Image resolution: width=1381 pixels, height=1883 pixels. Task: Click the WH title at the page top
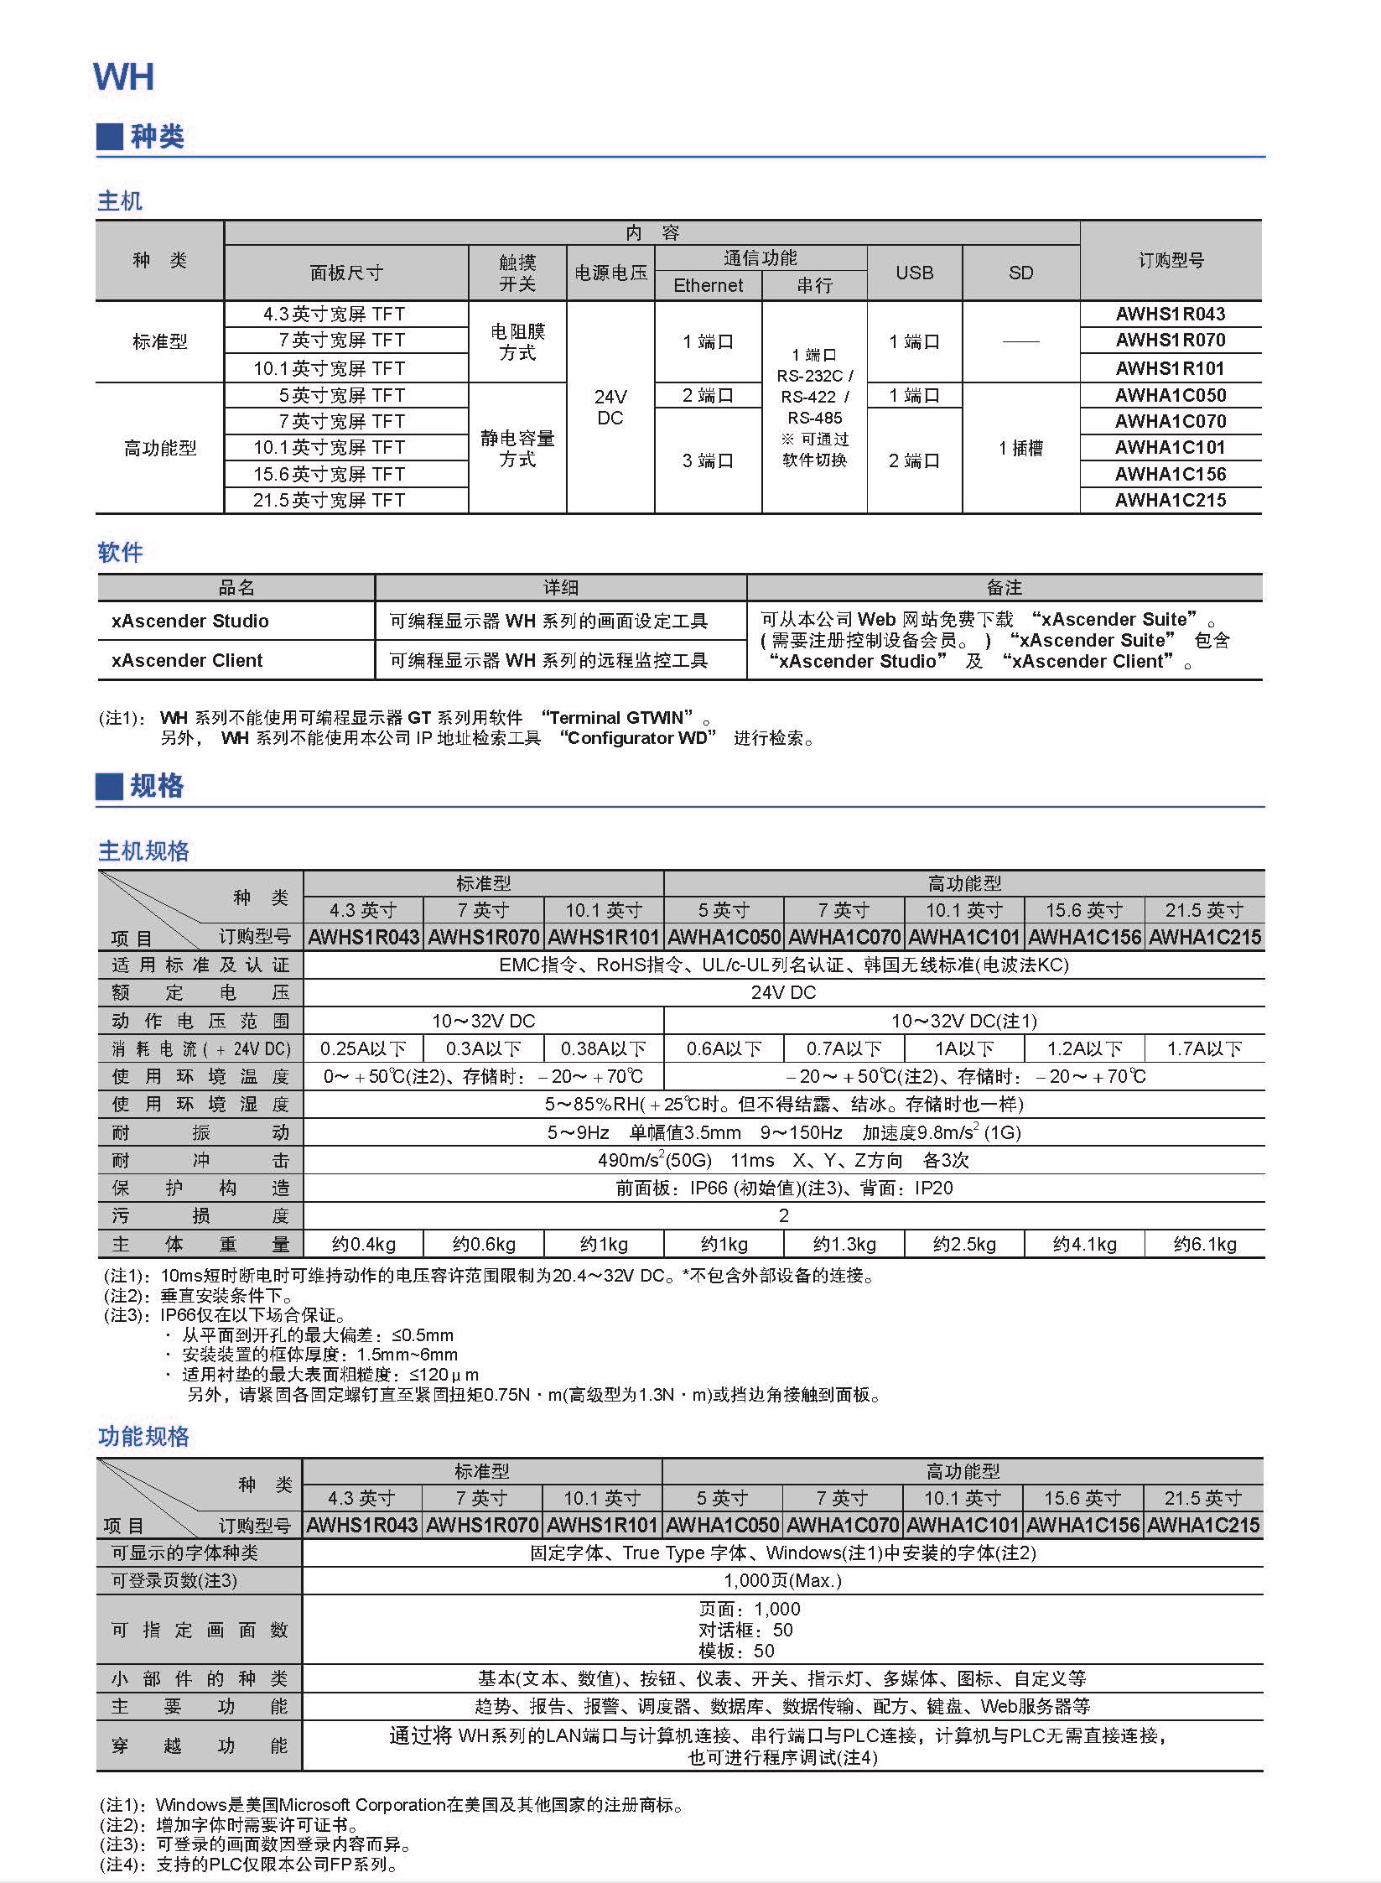tap(123, 77)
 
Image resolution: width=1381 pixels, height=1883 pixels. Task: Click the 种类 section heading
tap(156, 136)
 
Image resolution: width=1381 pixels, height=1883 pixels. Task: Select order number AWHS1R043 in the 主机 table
tap(1170, 314)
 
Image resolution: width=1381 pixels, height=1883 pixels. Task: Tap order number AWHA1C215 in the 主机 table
tap(1170, 500)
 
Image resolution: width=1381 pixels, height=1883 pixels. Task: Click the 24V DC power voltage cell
tap(610, 407)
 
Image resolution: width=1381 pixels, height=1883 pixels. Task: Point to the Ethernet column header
tap(708, 285)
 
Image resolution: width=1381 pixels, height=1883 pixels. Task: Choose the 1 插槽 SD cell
tap(1020, 448)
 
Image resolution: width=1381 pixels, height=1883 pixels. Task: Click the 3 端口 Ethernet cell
tap(708, 460)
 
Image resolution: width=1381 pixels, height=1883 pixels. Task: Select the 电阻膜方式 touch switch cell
tap(517, 342)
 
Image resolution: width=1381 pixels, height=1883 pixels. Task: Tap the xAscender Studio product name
tap(190, 621)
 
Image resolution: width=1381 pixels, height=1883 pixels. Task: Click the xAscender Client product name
tap(187, 660)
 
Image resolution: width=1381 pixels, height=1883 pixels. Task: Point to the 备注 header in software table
tap(1004, 587)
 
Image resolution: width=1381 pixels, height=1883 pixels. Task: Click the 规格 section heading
tap(156, 786)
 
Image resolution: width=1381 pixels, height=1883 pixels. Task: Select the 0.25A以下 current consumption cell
tap(363, 1048)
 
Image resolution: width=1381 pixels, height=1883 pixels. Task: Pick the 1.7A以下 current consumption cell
tap(1204, 1048)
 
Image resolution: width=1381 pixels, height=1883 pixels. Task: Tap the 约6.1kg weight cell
tap(1204, 1244)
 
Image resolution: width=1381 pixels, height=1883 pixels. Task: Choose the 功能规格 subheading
tap(143, 1437)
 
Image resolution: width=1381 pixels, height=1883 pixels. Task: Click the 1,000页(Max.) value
tap(782, 1580)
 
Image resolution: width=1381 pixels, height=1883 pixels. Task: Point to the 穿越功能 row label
tap(200, 1745)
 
